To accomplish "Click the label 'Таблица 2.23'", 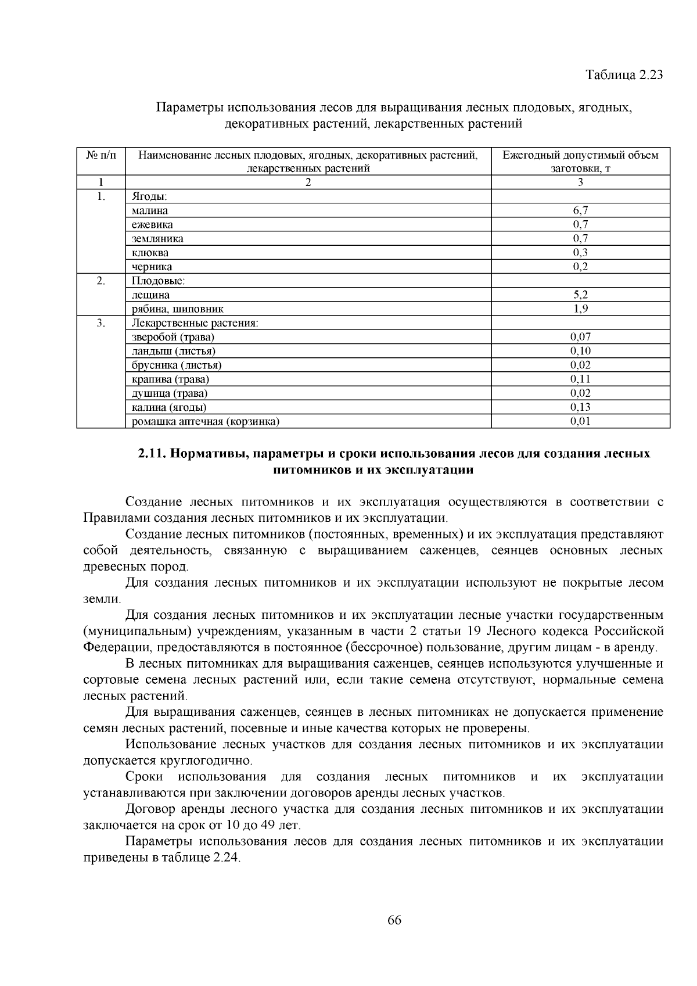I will pos(624,76).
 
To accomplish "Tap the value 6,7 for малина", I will pos(580,211).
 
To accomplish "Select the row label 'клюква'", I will pos(150,253).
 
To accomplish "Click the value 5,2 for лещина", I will pos(580,295).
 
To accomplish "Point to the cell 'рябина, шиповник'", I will pos(177,309).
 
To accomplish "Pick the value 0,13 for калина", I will pos(580,407).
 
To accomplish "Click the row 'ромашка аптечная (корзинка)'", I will pos(206,422).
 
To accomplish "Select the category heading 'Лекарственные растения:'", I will pos(195,323).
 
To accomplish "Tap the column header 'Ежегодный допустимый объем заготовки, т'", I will pos(580,162).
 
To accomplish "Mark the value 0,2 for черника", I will pos(580,267).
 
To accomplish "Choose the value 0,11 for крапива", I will pos(580,379).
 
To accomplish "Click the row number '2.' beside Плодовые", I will pos(101,281).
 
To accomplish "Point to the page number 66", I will pos(394,920).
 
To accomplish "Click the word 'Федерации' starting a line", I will pos(111,647).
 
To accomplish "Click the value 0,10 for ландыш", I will pos(580,351).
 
